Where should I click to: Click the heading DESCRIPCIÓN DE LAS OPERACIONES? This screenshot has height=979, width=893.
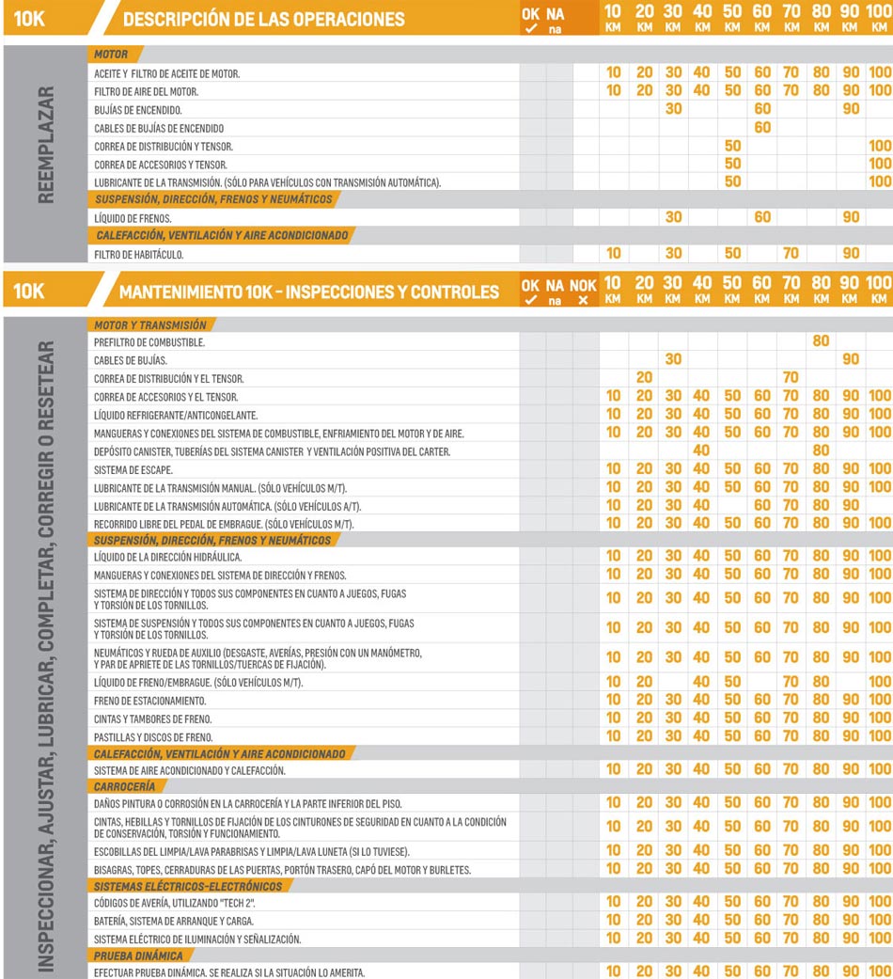[264, 19]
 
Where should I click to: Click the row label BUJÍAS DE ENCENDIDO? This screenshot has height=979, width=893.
[138, 110]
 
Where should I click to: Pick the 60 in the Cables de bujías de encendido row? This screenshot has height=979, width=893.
[762, 128]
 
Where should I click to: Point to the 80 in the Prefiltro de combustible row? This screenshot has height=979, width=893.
[821, 342]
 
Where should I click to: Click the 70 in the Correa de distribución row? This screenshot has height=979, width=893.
[791, 378]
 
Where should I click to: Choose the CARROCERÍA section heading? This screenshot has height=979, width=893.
[125, 786]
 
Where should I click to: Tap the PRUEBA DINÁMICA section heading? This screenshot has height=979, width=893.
[138, 956]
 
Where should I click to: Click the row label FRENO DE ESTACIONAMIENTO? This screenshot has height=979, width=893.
[150, 701]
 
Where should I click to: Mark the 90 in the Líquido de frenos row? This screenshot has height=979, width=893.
[851, 217]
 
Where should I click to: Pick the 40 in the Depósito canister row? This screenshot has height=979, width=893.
[701, 450]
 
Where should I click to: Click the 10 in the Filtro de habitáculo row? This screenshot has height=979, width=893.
[613, 254]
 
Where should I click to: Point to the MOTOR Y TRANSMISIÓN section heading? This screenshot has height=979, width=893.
[150, 325]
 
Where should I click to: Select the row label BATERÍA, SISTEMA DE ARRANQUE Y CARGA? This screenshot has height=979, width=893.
[174, 921]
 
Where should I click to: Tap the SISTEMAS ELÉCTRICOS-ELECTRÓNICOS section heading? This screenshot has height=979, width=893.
[188, 887]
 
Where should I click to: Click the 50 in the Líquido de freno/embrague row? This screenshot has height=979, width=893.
[731, 682]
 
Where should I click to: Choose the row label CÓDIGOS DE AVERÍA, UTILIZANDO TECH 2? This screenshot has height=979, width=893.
[175, 903]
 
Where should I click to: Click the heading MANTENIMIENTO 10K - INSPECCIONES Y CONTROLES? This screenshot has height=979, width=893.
[309, 292]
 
